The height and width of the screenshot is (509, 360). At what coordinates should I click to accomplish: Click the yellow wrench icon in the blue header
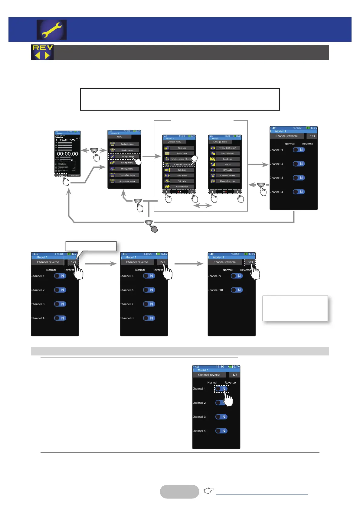(x=52, y=30)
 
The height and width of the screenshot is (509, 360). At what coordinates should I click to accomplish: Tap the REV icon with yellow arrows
(x=42, y=52)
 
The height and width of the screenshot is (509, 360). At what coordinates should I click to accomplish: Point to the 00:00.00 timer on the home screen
(x=67, y=154)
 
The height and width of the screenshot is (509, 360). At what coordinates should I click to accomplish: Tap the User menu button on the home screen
(x=74, y=175)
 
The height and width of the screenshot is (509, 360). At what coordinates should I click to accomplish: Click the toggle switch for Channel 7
(x=149, y=304)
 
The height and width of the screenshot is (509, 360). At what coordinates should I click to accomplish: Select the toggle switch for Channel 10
(x=237, y=290)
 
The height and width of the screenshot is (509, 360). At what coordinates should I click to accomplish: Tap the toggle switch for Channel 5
(x=149, y=276)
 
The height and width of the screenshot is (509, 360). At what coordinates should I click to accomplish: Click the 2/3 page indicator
(x=162, y=262)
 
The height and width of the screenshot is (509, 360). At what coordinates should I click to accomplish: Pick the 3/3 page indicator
(x=250, y=262)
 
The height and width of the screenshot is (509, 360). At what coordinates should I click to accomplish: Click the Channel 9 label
(x=214, y=276)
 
